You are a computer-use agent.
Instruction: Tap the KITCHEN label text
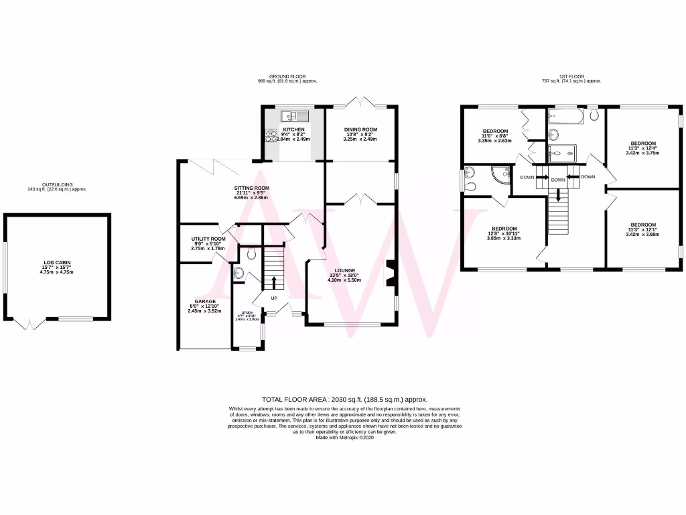(293, 129)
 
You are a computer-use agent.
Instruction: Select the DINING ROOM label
(360, 129)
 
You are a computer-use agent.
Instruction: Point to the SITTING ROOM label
(251, 188)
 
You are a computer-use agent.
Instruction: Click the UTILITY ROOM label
(208, 239)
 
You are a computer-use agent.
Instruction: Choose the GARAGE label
(204, 301)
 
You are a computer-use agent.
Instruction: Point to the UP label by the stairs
(274, 298)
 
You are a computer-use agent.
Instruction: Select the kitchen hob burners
(271, 136)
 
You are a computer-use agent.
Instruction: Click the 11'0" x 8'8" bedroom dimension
(494, 137)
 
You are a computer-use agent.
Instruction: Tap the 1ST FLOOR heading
(571, 77)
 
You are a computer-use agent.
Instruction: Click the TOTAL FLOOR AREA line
(344, 399)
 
